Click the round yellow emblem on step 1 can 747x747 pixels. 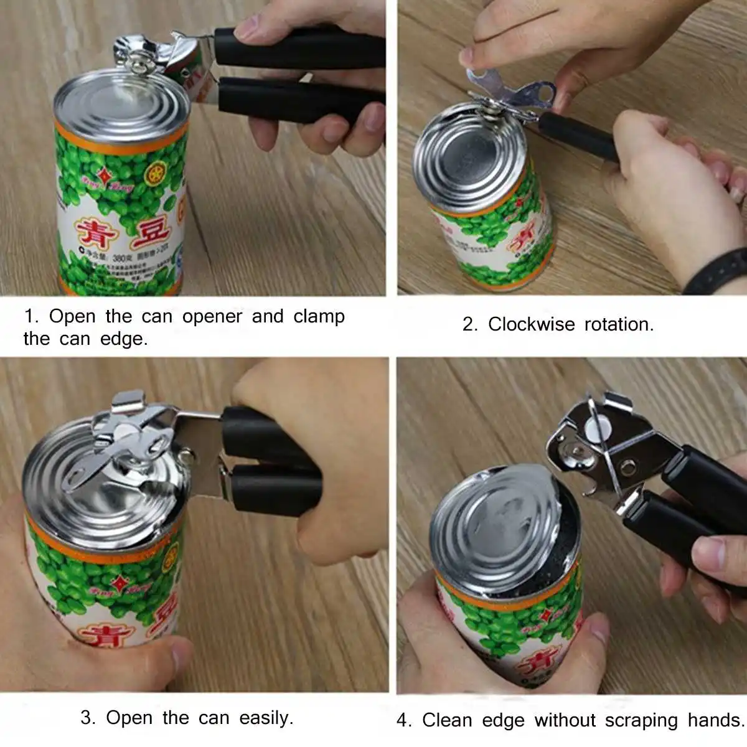[156, 175]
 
